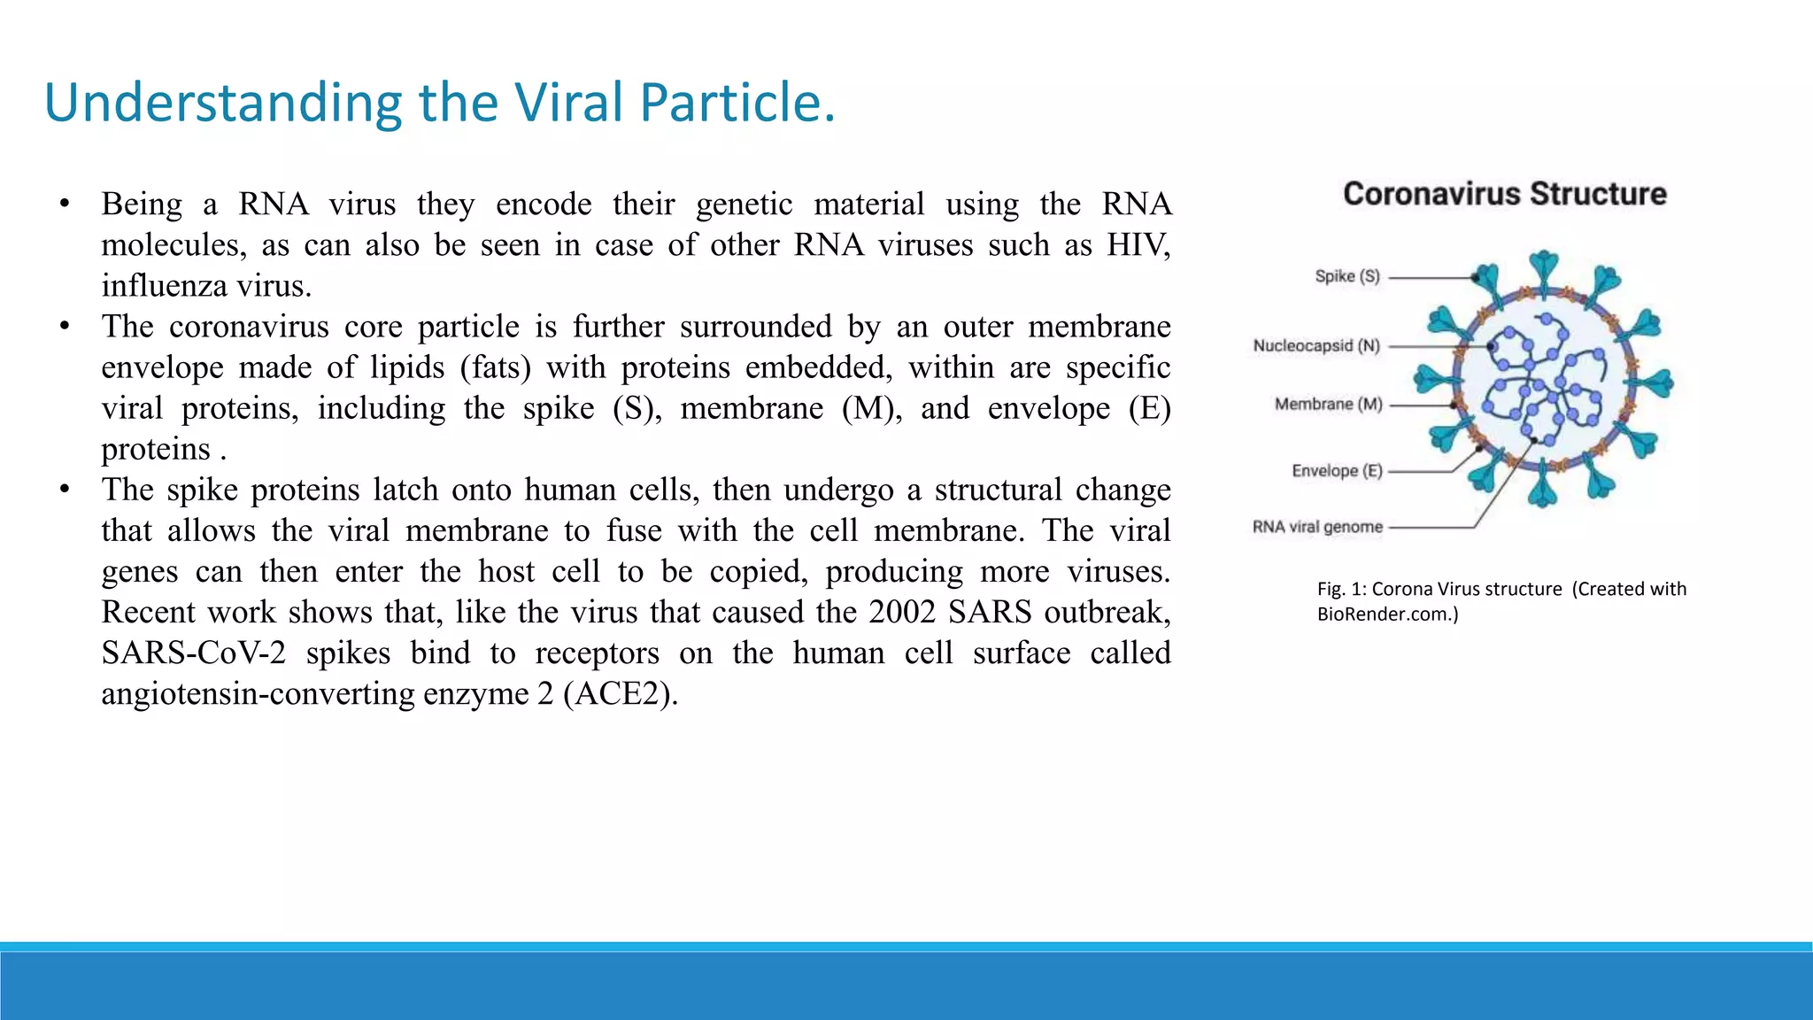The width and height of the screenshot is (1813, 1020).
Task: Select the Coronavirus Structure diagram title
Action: [x=1504, y=194]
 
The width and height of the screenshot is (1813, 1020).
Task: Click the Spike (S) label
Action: [x=1346, y=276]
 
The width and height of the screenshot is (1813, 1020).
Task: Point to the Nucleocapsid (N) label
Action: [x=1315, y=345]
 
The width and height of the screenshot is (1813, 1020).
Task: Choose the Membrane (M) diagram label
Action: [x=1328, y=405]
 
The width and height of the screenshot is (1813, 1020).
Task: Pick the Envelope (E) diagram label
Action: [x=1337, y=471]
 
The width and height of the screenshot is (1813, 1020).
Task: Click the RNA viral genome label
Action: [x=1316, y=527]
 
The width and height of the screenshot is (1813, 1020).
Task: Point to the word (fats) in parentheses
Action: [x=495, y=367]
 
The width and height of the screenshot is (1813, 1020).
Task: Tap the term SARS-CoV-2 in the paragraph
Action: [x=193, y=653]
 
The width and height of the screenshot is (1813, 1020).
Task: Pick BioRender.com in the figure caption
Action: [x=1383, y=614]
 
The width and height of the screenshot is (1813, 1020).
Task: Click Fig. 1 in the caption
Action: [x=1339, y=589]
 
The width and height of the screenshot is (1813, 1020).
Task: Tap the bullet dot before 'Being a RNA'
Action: [x=65, y=205]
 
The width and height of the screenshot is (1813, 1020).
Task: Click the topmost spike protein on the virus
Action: [x=1544, y=266]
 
